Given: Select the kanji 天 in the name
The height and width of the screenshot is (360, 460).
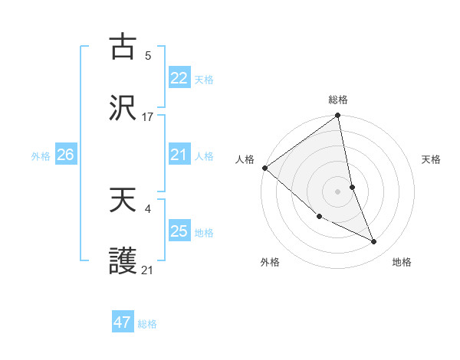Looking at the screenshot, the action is (x=123, y=201).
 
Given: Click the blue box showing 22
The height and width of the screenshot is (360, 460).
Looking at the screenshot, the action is (x=179, y=77).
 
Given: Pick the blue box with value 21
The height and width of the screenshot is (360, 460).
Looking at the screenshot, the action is (x=179, y=155).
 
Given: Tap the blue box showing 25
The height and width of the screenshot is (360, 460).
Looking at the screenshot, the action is (x=179, y=231).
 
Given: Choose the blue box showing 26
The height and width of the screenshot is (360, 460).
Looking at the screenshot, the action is (x=65, y=155).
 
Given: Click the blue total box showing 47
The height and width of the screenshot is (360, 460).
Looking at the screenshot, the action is (x=123, y=322).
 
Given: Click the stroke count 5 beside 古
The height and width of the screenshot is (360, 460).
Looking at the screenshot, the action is (x=148, y=56).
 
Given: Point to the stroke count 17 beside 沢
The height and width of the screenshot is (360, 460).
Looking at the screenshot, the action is (x=148, y=117).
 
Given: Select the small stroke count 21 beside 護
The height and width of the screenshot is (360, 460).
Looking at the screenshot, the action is (x=148, y=269).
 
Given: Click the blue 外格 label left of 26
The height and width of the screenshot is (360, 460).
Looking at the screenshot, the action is (x=41, y=156).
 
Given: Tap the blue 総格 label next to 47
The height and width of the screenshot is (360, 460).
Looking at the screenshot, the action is (x=147, y=324).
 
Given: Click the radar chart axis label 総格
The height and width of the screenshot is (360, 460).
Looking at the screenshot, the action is (x=338, y=100).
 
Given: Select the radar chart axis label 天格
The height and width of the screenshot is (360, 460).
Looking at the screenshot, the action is (x=432, y=159).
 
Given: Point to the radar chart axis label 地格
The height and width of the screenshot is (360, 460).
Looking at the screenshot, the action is (x=402, y=262).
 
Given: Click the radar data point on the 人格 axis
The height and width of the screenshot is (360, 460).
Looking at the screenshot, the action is (x=264, y=168).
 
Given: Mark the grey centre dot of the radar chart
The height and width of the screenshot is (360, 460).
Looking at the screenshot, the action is (x=338, y=191).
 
